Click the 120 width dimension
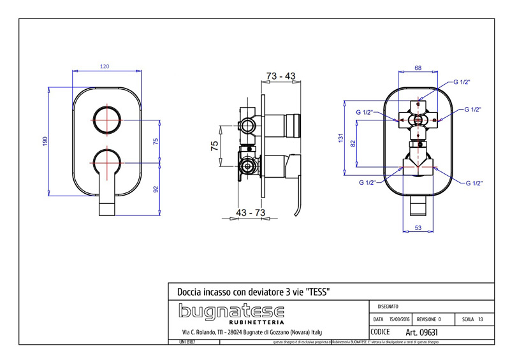105,66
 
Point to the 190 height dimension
45,141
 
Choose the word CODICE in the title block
381,332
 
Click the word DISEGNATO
389,306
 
